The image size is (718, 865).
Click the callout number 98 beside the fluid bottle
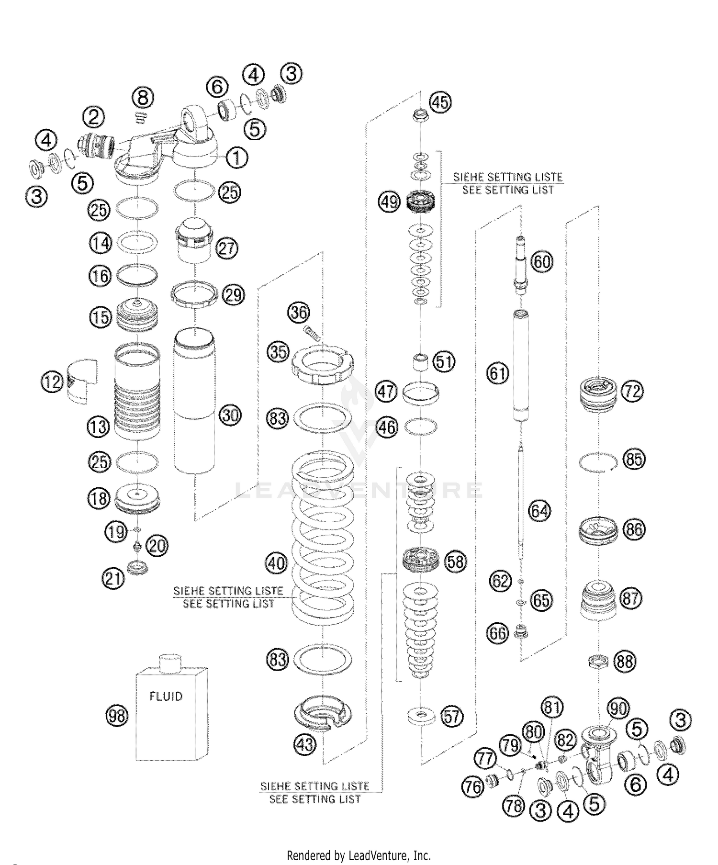[x=117, y=716]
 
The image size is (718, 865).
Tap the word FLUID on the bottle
[x=166, y=696]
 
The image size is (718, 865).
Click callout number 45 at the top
[x=440, y=102]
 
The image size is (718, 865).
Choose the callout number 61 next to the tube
[x=498, y=373]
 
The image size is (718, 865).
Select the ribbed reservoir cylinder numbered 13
[x=137, y=393]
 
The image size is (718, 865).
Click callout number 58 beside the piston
[x=455, y=561]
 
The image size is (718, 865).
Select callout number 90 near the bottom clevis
[x=618, y=708]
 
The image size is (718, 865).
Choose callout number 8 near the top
[x=143, y=98]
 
